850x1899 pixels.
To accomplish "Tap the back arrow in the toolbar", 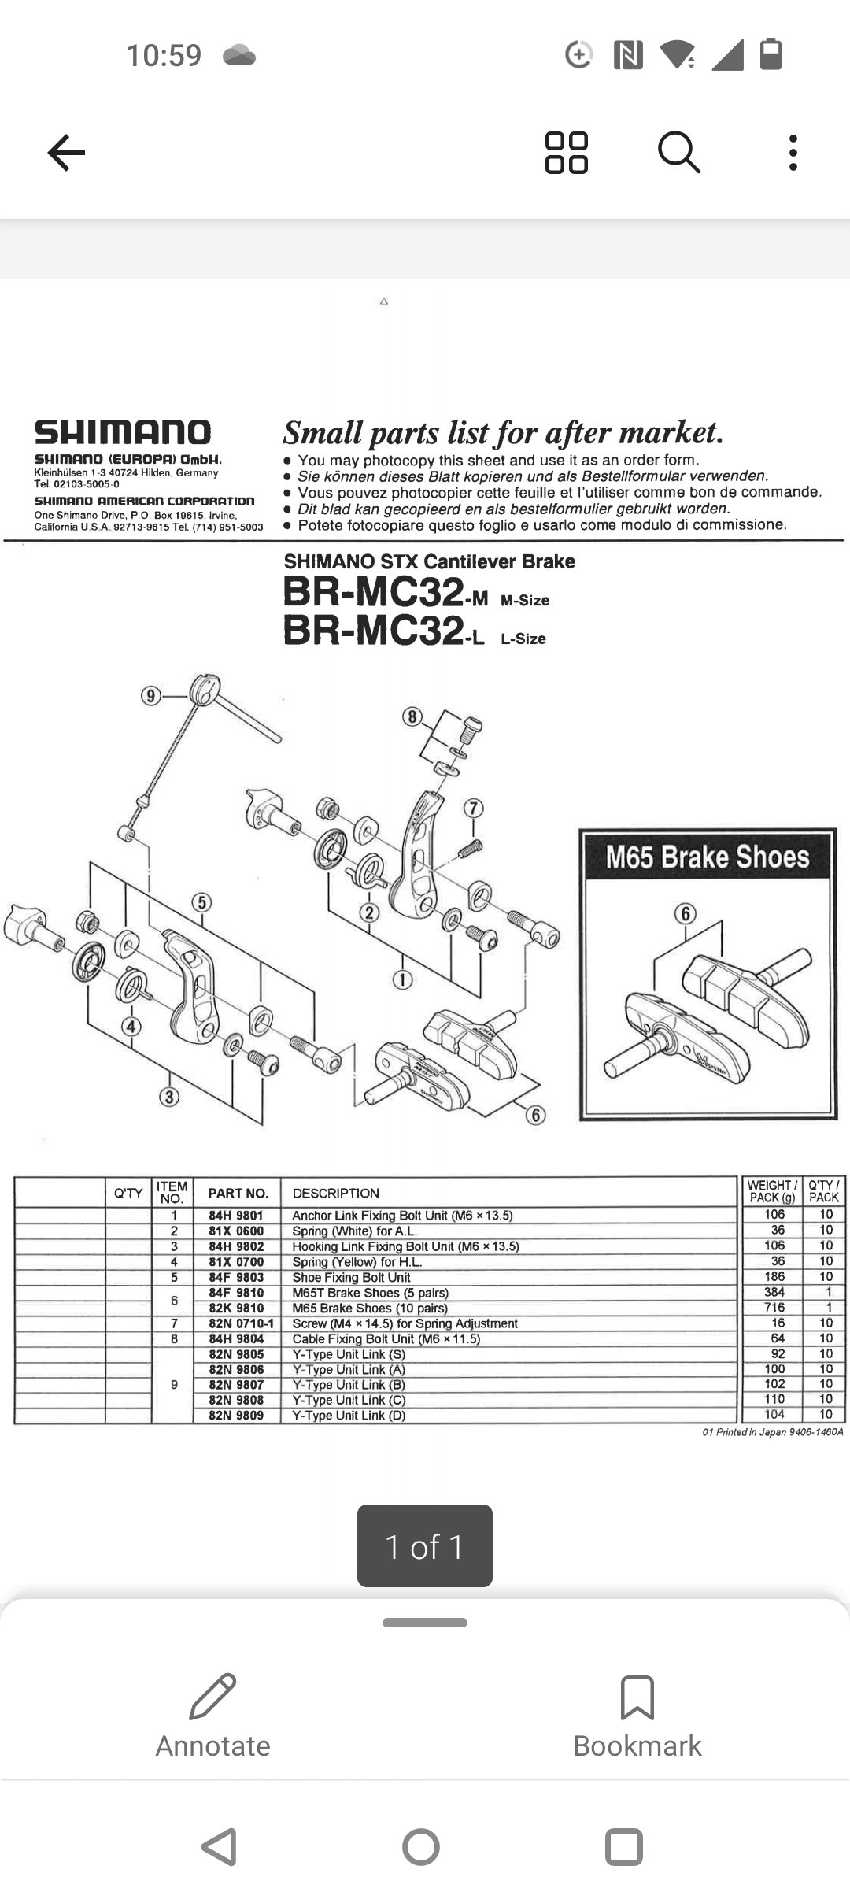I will coord(66,152).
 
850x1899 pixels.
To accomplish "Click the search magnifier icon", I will coord(678,152).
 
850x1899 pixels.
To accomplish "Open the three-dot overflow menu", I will coord(793,152).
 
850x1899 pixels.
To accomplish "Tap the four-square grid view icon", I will coord(567,152).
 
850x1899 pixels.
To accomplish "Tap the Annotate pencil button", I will coord(213,1715).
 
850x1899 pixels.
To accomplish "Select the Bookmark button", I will coord(637,1715).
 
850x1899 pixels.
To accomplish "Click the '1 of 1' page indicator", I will coord(425,1546).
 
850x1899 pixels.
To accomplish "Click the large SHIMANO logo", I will coord(122,432).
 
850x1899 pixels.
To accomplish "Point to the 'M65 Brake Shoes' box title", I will coord(707,857).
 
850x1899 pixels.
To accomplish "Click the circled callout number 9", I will coord(150,696).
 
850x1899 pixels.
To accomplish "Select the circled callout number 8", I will coord(412,716).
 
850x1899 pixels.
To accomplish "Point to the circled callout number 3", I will coord(169,1097).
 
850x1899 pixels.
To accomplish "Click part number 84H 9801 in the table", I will coord(236,1216).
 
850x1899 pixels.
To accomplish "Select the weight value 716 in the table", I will coord(774,1308).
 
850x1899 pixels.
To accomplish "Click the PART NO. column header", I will coord(238,1194).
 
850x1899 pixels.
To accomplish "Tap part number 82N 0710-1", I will coord(241,1323).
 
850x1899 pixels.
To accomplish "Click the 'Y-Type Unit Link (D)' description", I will coord(349,1416).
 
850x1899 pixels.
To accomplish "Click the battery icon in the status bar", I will coord(771,54).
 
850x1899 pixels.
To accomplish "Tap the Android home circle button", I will coord(421,1846).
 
